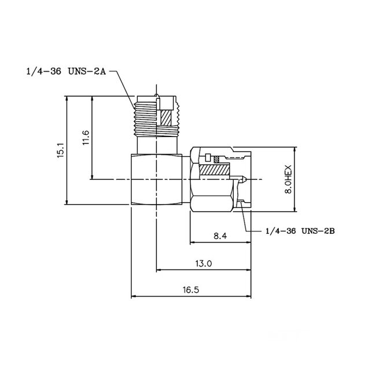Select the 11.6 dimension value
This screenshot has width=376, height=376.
coord(86,139)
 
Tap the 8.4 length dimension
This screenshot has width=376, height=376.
coord(220,235)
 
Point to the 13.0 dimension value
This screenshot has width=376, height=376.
coord(203,263)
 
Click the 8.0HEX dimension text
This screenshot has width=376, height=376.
coord(304,179)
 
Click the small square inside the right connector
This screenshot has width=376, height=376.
coord(207,157)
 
